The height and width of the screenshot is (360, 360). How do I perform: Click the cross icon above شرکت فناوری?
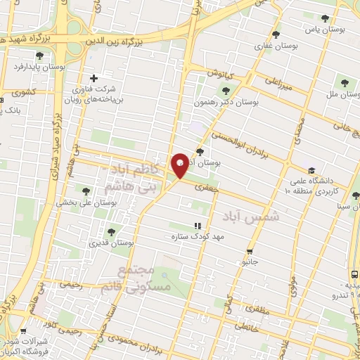point(94,78)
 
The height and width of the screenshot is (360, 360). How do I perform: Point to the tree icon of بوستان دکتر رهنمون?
point(226,89)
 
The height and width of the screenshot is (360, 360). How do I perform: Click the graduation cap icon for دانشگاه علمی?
point(311,169)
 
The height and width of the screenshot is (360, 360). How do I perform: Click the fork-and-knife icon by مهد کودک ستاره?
point(198,226)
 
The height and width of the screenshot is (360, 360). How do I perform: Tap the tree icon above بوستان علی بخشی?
point(86,190)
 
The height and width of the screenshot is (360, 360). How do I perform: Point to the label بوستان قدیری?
point(111,243)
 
